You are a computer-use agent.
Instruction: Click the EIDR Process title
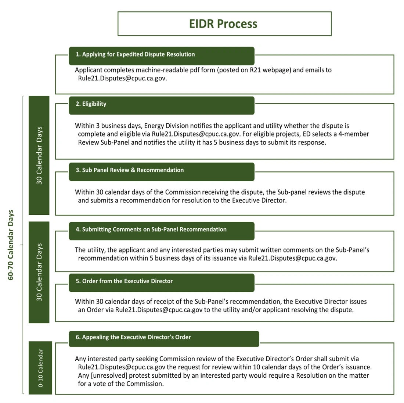point(223,24)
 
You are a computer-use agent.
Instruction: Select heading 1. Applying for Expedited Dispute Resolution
point(135,54)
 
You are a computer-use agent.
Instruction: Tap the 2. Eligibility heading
point(91,104)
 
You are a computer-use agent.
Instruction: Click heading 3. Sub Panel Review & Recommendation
point(130,170)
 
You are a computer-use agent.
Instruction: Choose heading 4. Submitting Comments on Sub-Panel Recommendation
point(151,229)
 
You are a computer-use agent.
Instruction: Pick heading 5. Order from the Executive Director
point(124,281)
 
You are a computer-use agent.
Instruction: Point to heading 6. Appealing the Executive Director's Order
point(133,337)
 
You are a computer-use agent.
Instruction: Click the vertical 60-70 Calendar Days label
point(11,245)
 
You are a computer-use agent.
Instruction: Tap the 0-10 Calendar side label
point(40,368)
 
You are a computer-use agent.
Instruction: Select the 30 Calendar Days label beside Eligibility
point(39,156)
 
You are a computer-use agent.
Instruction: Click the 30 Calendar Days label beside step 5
point(39,272)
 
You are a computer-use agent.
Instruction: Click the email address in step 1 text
point(122,78)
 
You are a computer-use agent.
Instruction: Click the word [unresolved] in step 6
point(109,375)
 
